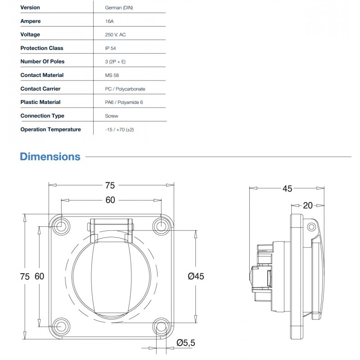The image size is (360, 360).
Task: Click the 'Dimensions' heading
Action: pyautogui.click(x=50, y=157)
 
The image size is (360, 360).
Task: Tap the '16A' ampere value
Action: pyautogui.click(x=108, y=21)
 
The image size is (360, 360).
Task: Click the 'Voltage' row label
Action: pyautogui.click(x=30, y=35)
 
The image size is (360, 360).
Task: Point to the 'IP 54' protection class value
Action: pyautogui.click(x=111, y=48)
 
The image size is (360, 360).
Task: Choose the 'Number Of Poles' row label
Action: pyautogui.click(x=42, y=62)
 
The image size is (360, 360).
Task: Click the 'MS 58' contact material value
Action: pyautogui.click(x=112, y=75)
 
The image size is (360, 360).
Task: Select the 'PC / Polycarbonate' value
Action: pyautogui.click(x=125, y=89)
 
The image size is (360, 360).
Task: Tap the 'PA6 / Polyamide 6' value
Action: pyautogui.click(x=123, y=103)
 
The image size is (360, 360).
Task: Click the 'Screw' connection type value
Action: pyautogui.click(x=111, y=116)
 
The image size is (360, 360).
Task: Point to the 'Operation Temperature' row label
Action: pyautogui.click(x=50, y=130)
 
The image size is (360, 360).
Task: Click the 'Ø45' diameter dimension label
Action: pyautogui.click(x=194, y=276)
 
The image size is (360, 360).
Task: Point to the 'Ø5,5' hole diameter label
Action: pyautogui.click(x=186, y=343)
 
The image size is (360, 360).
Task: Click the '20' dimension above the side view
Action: pyautogui.click(x=308, y=205)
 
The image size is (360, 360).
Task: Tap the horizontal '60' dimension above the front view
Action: pyautogui.click(x=111, y=200)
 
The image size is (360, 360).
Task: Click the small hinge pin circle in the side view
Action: pyautogui.click(x=310, y=226)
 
